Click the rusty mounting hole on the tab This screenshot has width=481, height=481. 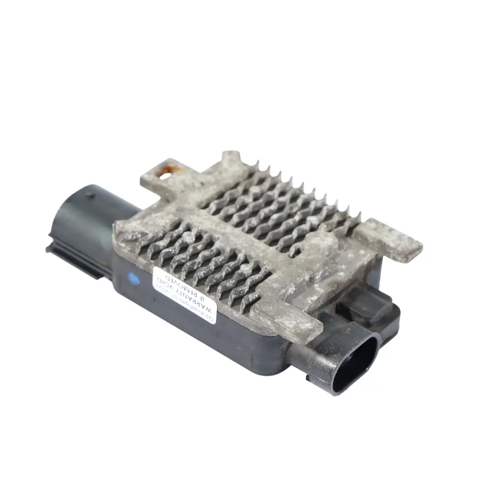tap(166, 176)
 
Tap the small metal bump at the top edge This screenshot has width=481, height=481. tap(231, 157)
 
